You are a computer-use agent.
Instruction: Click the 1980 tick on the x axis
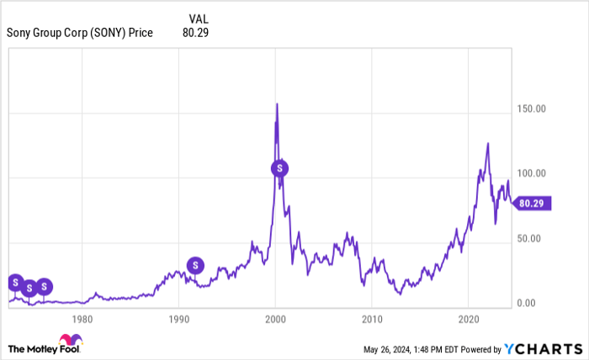[x=82, y=320]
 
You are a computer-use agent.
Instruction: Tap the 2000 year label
[x=275, y=320]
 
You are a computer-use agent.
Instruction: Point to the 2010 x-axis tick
[x=372, y=320]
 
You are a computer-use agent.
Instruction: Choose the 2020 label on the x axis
[x=469, y=320]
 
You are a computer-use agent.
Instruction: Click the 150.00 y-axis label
[x=530, y=109]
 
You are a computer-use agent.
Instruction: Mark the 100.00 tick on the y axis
[x=530, y=173]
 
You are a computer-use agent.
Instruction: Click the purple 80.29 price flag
[x=533, y=203]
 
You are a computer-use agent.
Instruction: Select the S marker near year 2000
[x=280, y=168]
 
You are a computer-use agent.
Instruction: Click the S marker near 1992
[x=195, y=266]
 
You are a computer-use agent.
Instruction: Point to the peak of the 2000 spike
[x=277, y=104]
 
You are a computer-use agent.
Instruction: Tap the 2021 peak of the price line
[x=487, y=144]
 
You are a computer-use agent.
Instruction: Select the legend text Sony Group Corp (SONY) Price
[x=80, y=33]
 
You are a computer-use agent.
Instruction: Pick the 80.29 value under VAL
[x=195, y=33]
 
